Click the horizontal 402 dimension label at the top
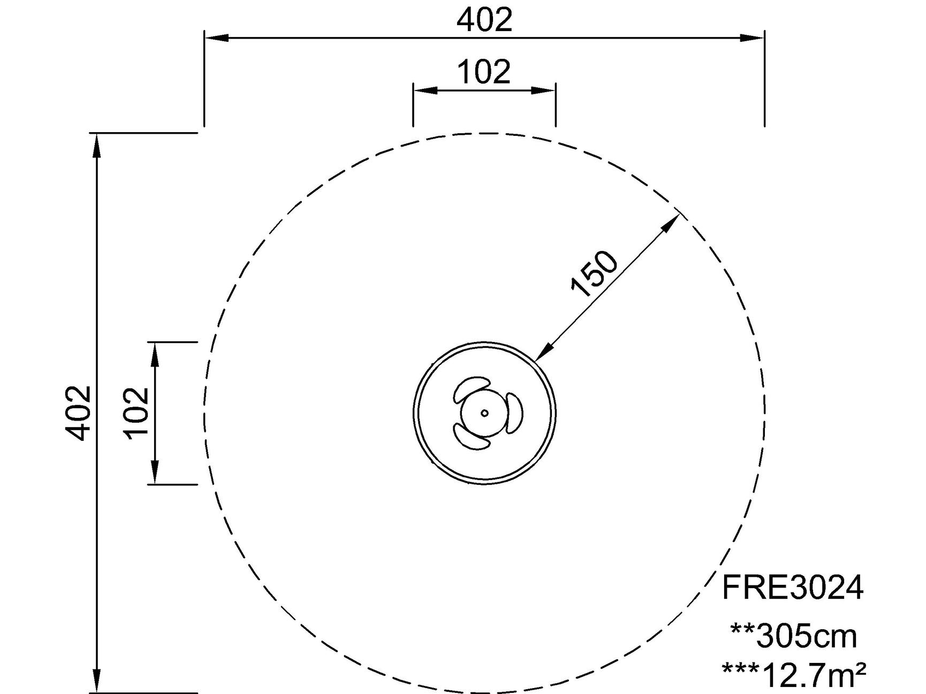coord(484,20)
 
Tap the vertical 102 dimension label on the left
coord(136,413)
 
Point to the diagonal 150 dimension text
coord(595,273)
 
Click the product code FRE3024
coord(792,588)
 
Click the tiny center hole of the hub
coord(484,413)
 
